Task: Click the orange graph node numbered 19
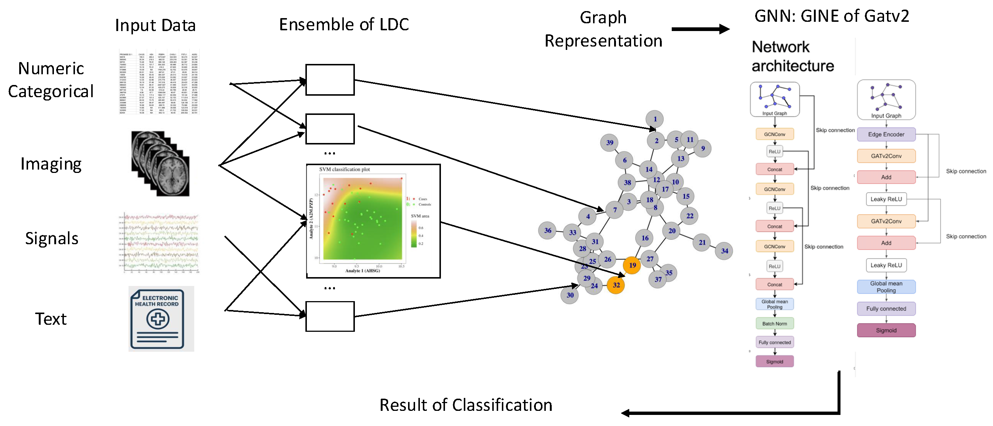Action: coord(632,265)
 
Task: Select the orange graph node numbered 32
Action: coord(616,285)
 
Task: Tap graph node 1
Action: coord(654,119)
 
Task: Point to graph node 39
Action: coord(609,143)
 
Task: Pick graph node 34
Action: coord(724,251)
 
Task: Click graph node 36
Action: coord(547,231)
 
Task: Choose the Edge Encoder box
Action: coord(886,134)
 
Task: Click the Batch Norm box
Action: coord(774,323)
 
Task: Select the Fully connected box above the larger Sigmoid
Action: coord(886,309)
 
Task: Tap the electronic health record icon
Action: coord(161,318)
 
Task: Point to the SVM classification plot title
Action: coord(344,169)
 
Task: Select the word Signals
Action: coord(52,238)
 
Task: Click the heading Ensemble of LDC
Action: coord(343,24)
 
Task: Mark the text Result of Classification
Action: coord(465,405)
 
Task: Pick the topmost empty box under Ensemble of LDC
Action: coord(330,80)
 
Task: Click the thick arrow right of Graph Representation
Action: coord(700,29)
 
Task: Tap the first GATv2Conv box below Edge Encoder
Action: coord(886,156)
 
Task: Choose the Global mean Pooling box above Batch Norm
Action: coord(774,304)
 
